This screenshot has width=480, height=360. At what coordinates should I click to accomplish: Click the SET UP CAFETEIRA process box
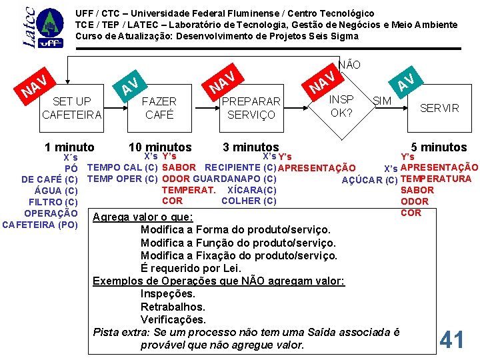pyautogui.click(x=72, y=108)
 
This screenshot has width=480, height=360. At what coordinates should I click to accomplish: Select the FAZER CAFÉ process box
pyautogui.click(x=159, y=108)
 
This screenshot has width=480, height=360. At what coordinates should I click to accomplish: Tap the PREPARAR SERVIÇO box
pyautogui.click(x=251, y=108)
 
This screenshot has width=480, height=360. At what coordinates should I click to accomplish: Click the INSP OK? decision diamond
pyautogui.click(x=342, y=105)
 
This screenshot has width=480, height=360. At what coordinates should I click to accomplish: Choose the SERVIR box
pyautogui.click(x=439, y=108)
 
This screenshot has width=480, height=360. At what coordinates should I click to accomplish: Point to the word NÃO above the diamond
pyautogui.click(x=349, y=65)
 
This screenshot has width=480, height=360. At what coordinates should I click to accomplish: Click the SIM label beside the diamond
pyautogui.click(x=381, y=100)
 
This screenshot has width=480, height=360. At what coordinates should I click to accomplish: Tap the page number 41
pyautogui.click(x=452, y=340)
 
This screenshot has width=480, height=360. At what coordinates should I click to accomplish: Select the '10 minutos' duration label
pyautogui.click(x=160, y=147)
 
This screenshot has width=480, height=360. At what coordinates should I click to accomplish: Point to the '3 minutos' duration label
pyautogui.click(x=251, y=147)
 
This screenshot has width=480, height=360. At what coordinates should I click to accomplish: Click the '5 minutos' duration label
pyautogui.click(x=439, y=147)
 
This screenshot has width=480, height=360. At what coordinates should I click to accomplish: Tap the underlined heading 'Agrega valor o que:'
pyautogui.click(x=143, y=217)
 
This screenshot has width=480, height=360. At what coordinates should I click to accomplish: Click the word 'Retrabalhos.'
pyautogui.click(x=173, y=307)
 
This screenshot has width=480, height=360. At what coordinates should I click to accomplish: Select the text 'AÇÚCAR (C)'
pyautogui.click(x=369, y=179)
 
